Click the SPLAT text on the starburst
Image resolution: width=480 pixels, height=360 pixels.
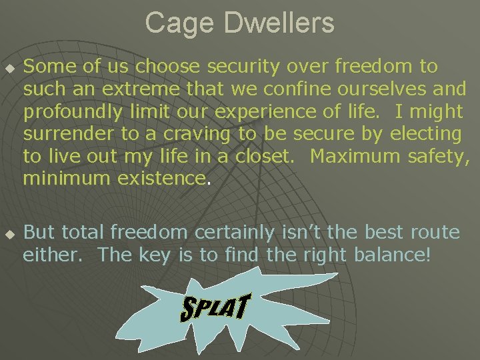tap(215, 307)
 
